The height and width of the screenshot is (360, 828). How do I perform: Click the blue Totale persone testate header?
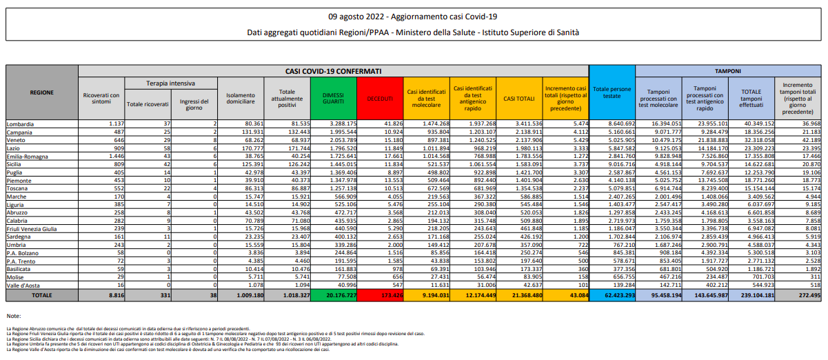[x=611, y=92]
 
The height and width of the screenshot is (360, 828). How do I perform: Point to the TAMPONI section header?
[x=727, y=71]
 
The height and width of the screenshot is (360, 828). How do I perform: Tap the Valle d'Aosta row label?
[x=24, y=285]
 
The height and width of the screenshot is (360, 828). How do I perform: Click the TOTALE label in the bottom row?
[x=41, y=295]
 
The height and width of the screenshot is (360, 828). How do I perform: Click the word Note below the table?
[x=14, y=315]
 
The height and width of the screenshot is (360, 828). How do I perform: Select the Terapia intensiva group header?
[x=171, y=83]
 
